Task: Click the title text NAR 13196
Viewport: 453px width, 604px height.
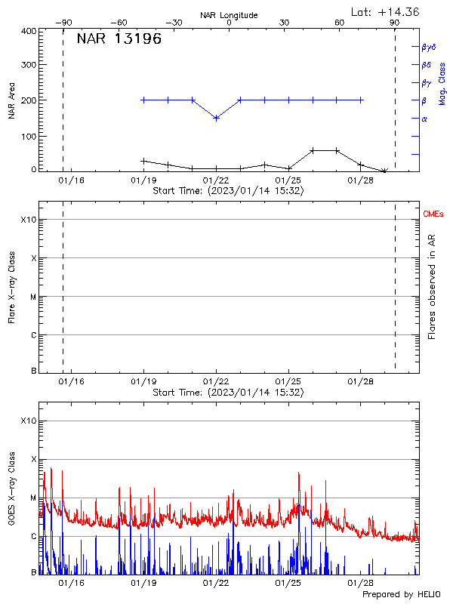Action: click(x=119, y=39)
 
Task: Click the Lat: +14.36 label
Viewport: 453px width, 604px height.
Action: click(x=386, y=11)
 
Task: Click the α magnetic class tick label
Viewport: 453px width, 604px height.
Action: click(x=424, y=119)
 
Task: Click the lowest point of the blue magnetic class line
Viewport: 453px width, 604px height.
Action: click(x=217, y=118)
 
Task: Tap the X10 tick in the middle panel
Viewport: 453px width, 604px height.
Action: click(x=29, y=220)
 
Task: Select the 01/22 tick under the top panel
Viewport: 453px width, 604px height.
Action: click(x=217, y=181)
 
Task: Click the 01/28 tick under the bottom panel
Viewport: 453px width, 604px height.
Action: click(x=361, y=583)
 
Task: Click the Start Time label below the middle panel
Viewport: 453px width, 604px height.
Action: click(x=228, y=393)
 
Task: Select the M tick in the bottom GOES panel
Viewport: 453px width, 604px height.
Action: click(x=33, y=498)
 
